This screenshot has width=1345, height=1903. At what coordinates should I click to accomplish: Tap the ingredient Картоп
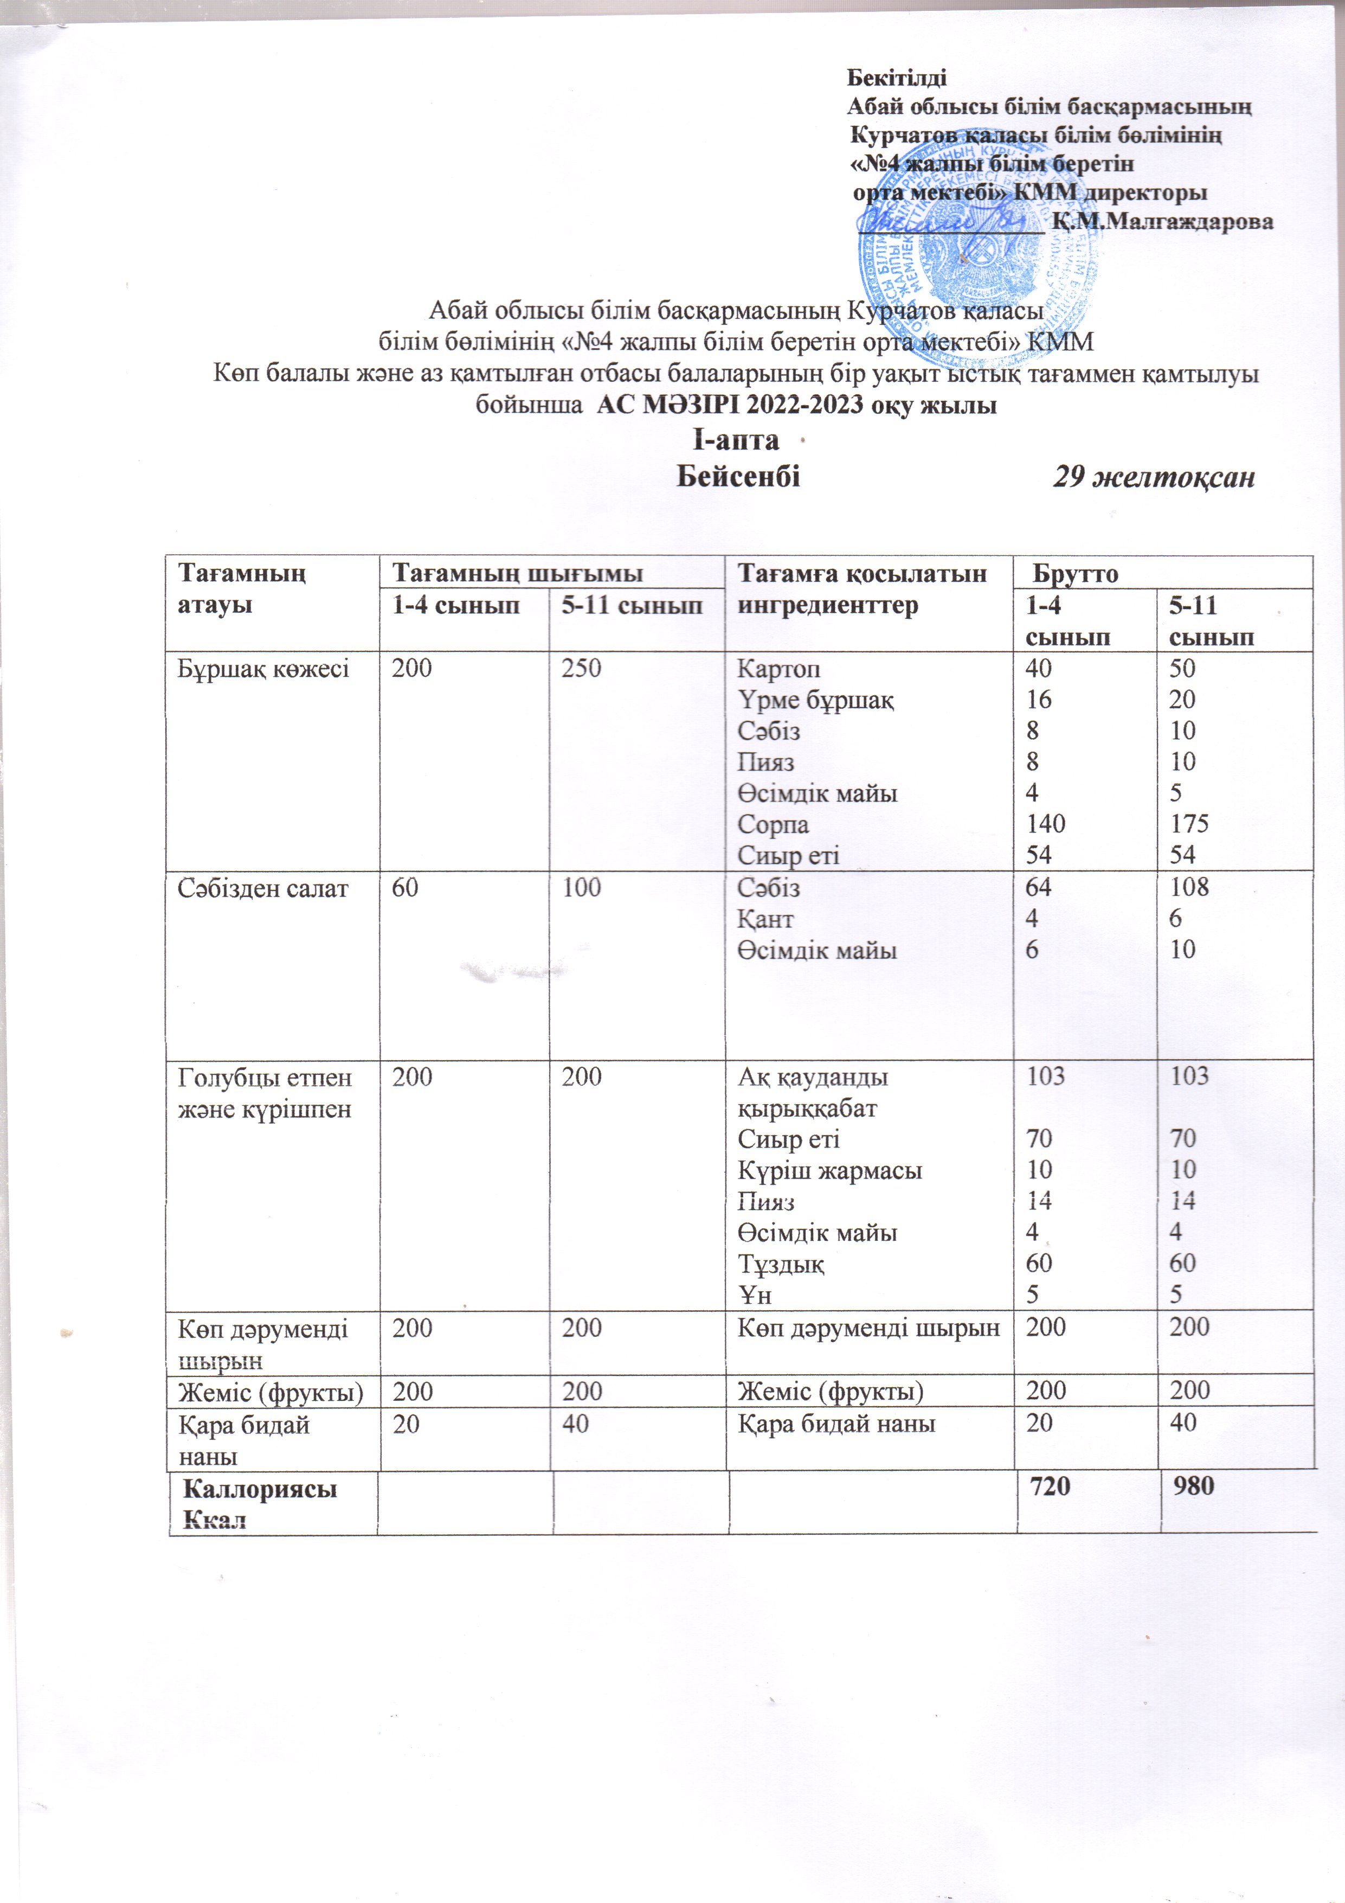pyautogui.click(x=779, y=668)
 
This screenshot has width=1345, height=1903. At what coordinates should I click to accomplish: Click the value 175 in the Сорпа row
pyautogui.click(x=1189, y=824)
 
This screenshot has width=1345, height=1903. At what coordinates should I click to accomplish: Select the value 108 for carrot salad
pyautogui.click(x=1189, y=888)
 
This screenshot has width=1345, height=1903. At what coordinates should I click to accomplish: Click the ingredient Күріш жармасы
pyautogui.click(x=829, y=1170)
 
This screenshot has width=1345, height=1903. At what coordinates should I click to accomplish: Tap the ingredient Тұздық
pyautogui.click(x=781, y=1264)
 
